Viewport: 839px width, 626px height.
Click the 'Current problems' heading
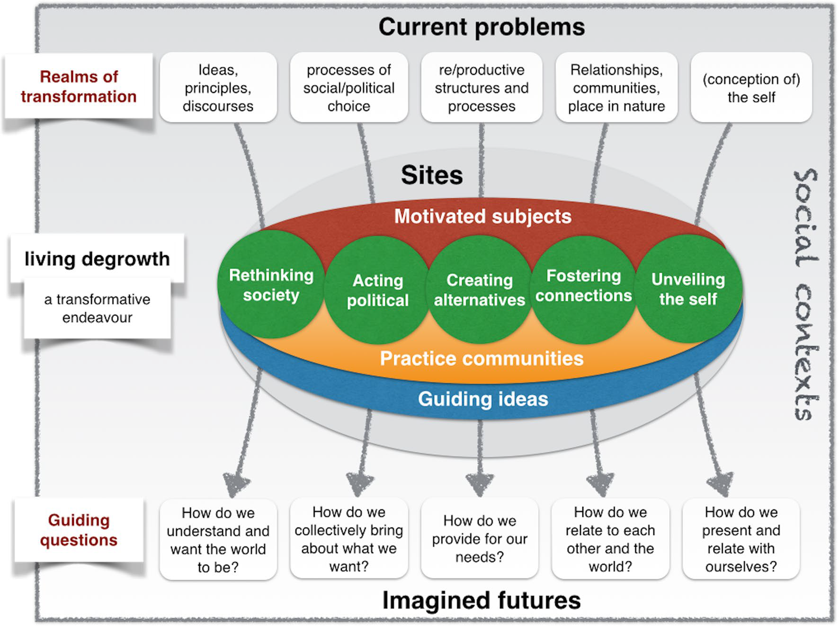coord(482,27)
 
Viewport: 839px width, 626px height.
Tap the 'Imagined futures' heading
coord(481,600)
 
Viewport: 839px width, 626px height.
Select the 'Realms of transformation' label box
coord(79,86)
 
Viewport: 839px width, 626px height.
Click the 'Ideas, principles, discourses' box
coord(218,88)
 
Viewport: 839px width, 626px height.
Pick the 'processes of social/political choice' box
coord(349,88)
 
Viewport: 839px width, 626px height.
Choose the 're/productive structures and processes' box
coord(482,88)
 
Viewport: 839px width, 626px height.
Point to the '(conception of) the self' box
coord(751,88)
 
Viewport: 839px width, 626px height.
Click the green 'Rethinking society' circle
coord(271,285)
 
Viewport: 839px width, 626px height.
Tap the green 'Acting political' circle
coord(377,290)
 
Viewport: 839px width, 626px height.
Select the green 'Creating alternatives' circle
coord(479,289)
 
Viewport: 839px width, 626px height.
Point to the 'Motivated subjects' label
coord(482,216)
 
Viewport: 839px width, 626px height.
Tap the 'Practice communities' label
coord(482,358)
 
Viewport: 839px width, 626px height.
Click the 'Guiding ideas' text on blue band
coord(483,399)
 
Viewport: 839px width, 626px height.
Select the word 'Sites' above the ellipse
coord(432,175)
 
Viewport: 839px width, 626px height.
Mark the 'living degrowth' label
coord(97,259)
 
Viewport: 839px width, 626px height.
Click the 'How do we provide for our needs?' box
coord(480,538)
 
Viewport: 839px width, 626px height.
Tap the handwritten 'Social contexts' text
coord(805,294)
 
